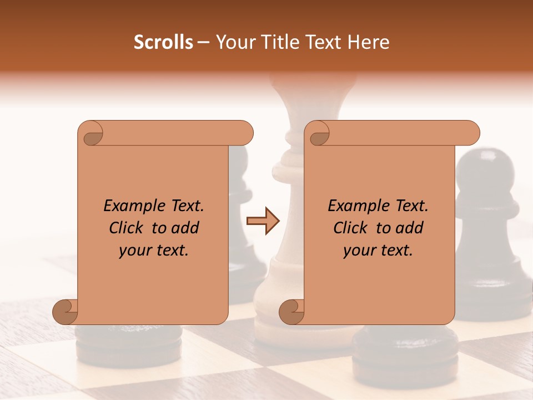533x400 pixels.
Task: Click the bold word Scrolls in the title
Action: [163, 42]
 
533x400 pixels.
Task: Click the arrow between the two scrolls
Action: [263, 221]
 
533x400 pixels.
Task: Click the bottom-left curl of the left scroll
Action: [66, 311]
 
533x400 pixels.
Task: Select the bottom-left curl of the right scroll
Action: [293, 311]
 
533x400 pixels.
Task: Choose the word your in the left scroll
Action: [135, 251]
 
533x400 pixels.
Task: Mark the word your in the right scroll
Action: [360, 251]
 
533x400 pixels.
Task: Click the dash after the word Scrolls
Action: [203, 42]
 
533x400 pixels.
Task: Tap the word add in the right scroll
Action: [410, 228]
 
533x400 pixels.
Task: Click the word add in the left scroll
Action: [185, 228]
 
